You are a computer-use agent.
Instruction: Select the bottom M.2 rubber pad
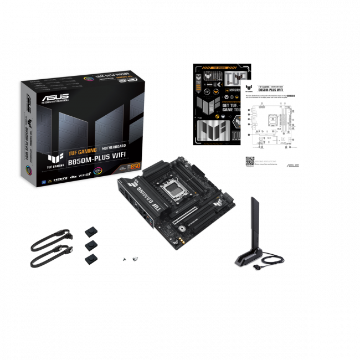pos(90,258)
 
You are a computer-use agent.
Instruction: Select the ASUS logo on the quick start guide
pos(292,166)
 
